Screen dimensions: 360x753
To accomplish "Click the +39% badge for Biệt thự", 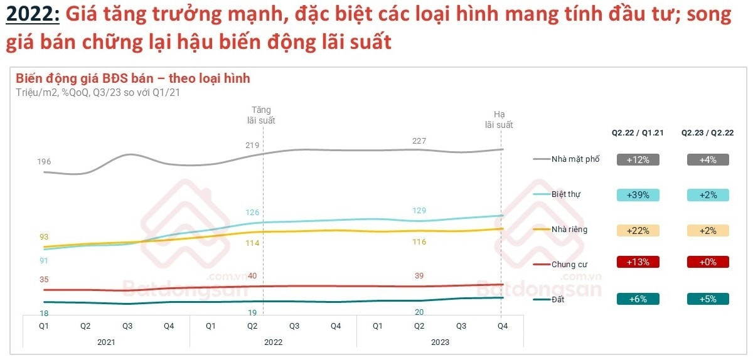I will [x=638, y=195].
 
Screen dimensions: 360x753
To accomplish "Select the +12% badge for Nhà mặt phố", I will [x=638, y=160].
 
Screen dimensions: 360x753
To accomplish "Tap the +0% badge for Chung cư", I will [x=707, y=262].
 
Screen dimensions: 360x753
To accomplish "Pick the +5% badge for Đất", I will [x=707, y=299].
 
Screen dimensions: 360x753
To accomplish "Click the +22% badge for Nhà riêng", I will [x=638, y=230].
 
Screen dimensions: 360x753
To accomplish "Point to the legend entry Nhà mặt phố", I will [x=575, y=159].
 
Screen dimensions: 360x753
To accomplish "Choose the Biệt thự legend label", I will [x=565, y=194].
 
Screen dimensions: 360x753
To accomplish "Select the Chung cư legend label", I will [x=569, y=265].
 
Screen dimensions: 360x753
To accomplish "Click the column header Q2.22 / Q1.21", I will [x=638, y=133].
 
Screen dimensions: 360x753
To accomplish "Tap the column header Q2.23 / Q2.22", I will [x=708, y=133].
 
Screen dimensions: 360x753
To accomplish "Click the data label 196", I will [x=44, y=162].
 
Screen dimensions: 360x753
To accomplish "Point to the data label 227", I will [x=419, y=141].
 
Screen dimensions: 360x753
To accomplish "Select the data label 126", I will [x=252, y=212].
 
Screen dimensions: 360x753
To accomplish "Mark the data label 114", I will [x=252, y=243].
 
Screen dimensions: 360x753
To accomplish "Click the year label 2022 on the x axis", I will [x=273, y=342].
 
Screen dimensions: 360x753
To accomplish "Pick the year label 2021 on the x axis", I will [x=106, y=342].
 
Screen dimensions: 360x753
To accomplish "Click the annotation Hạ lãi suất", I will [x=499, y=120].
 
